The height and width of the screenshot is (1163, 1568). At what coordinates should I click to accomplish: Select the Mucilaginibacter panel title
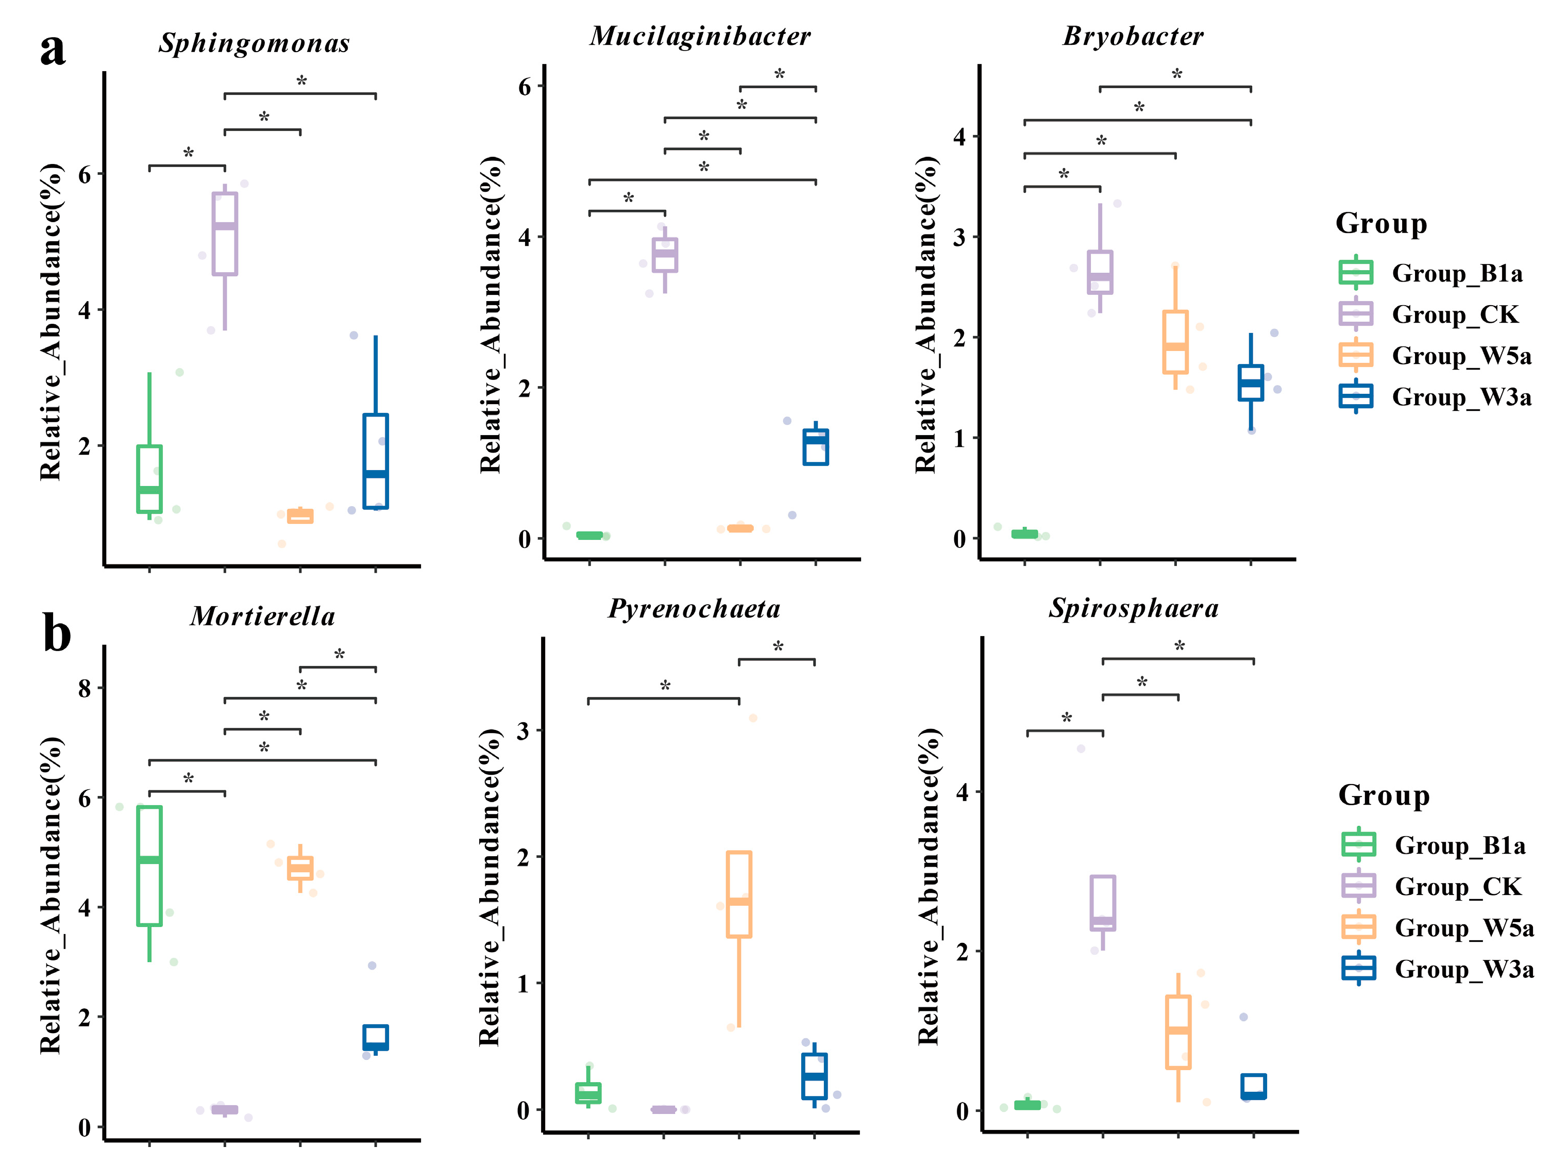[700, 37]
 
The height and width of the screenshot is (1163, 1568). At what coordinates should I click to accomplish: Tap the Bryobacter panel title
[1133, 37]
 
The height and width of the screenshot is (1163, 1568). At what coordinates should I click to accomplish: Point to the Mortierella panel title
[262, 617]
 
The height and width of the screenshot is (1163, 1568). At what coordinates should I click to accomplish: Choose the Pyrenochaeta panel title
[694, 609]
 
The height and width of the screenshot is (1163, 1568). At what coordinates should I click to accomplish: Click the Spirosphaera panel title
[1134, 608]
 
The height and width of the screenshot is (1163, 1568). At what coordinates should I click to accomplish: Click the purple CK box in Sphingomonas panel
[225, 234]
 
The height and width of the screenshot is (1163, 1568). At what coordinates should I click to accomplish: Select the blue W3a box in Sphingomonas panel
[375, 461]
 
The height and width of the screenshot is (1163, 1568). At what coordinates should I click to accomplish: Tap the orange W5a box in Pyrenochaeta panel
[739, 894]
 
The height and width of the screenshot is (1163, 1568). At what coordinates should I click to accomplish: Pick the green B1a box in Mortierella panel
[149, 866]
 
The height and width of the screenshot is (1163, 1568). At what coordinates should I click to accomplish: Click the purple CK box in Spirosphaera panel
[1103, 903]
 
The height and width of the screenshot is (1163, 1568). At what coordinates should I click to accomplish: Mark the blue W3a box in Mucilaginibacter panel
[816, 447]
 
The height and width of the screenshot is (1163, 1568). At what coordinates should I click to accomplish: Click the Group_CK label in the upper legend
[1455, 314]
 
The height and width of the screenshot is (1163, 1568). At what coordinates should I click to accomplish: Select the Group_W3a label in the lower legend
[1464, 969]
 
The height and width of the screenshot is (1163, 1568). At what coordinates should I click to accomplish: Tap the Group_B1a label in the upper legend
[1457, 273]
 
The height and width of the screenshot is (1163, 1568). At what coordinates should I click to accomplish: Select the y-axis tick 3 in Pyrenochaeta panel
[523, 731]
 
